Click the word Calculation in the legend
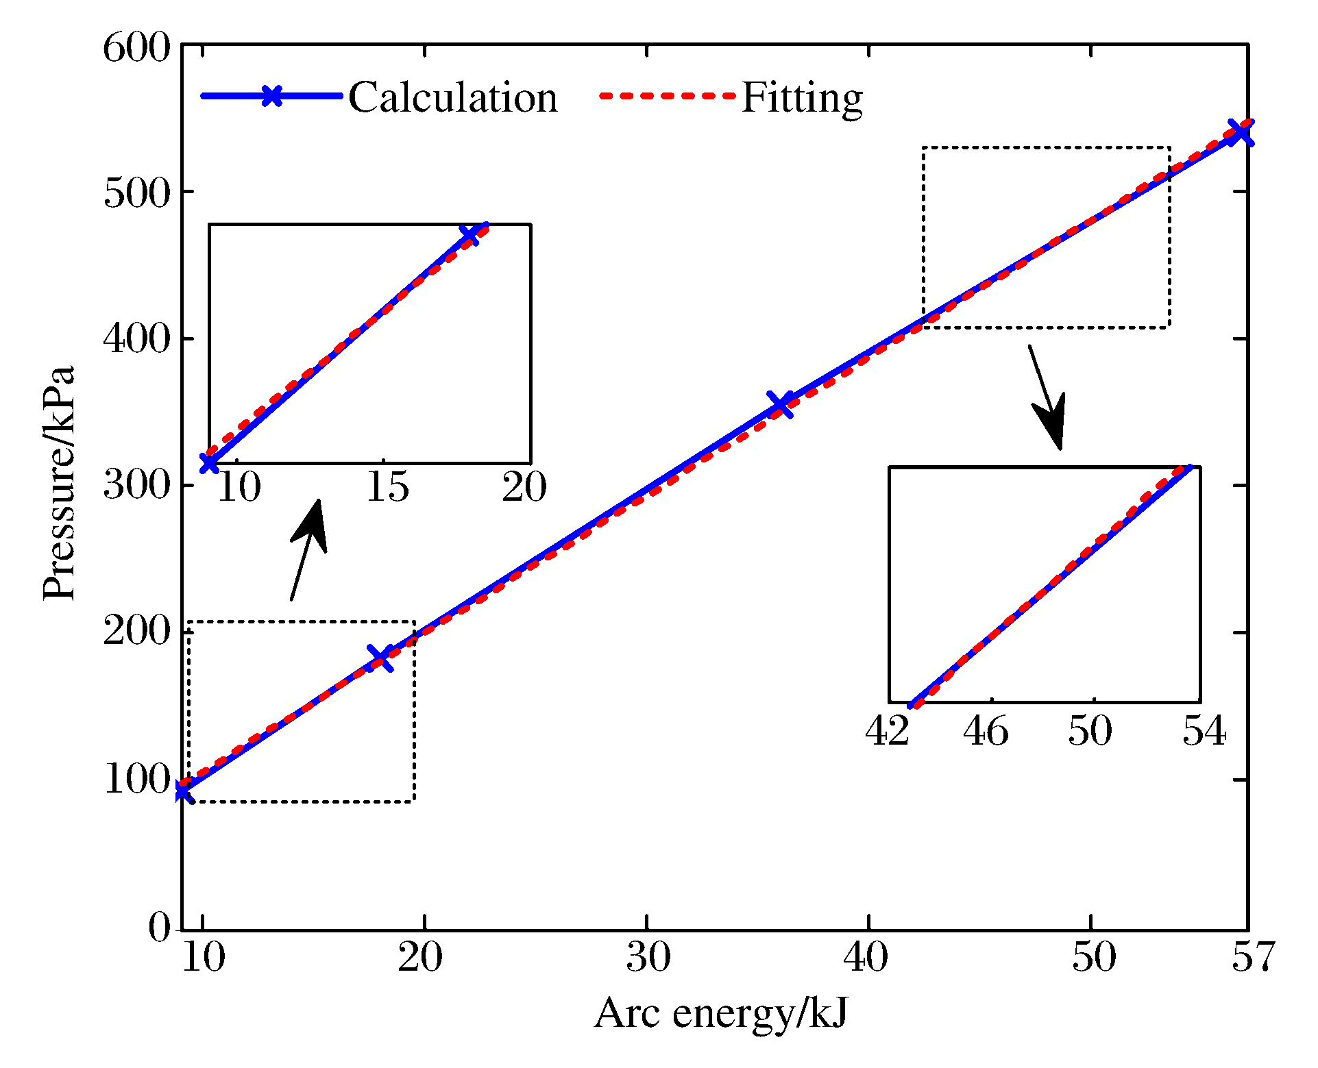[x=452, y=97]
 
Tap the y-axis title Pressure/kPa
[x=59, y=484]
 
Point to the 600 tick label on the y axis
[x=136, y=49]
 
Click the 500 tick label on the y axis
[x=136, y=194]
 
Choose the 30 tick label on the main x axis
[x=648, y=957]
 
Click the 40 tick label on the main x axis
[x=866, y=957]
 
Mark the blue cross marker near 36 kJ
[x=780, y=404]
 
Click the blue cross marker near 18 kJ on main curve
[x=381, y=658]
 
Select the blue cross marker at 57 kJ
[x=1241, y=132]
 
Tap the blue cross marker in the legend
[x=272, y=96]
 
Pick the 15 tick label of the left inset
[x=387, y=488]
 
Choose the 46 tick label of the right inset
[x=986, y=731]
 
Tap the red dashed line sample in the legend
[x=666, y=96]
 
